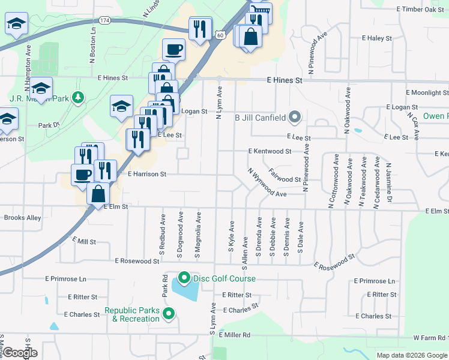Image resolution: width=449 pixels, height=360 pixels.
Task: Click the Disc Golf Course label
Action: pos(224,278)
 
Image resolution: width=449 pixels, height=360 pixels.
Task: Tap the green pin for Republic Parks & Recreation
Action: pos(170,313)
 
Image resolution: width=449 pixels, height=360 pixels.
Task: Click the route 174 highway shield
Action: pos(106,20)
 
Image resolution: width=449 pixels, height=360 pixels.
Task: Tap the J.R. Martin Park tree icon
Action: pos(77,97)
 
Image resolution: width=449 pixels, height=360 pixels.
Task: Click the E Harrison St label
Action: pos(147,174)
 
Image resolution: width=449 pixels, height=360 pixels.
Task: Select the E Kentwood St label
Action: pos(270,152)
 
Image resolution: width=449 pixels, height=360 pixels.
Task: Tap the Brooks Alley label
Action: pos(22,218)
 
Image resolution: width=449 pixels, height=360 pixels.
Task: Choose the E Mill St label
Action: pos(84,241)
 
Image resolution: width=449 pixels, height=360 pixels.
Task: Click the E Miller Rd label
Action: pos(234,335)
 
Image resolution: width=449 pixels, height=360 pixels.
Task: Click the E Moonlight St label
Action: pos(427,93)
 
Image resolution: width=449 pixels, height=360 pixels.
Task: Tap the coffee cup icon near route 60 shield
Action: pos(173,49)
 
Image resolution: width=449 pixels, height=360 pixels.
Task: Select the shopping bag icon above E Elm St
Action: pos(98,194)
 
